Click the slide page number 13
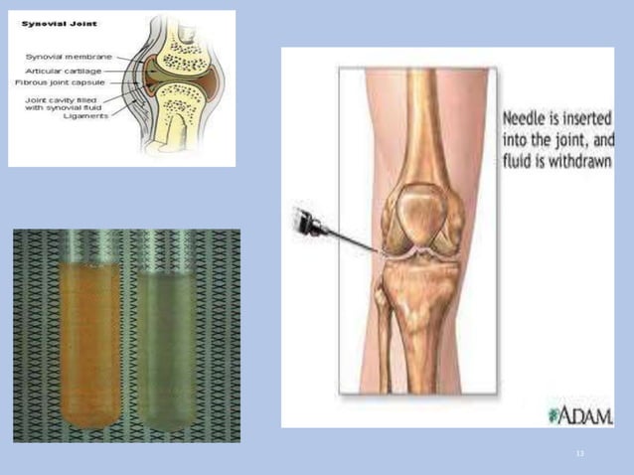click(580, 452)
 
